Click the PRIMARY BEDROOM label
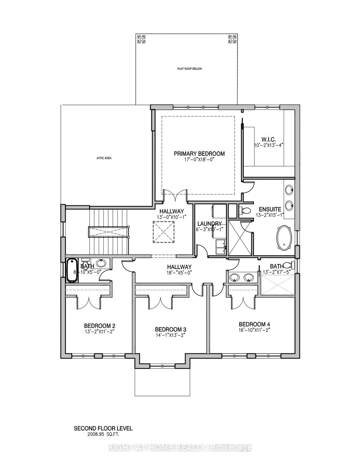199,154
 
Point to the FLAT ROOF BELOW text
189,69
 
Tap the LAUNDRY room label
209,224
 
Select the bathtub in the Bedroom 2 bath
72,270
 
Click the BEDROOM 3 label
171,329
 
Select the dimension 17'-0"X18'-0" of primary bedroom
199,159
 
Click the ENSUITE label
270,199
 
